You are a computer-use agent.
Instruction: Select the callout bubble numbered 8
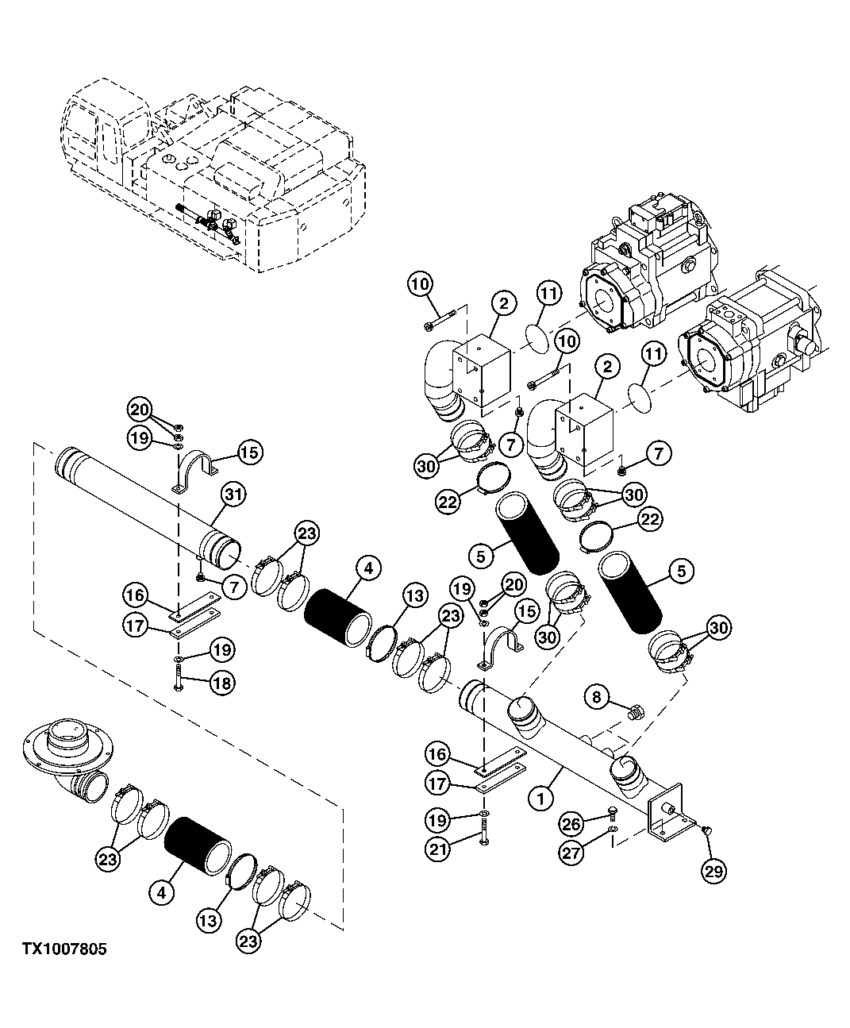pos(597,699)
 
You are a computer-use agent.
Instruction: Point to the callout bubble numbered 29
pos(713,870)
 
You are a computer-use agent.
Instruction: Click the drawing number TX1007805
pos(64,949)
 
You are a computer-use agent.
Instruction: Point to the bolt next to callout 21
pos(482,839)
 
